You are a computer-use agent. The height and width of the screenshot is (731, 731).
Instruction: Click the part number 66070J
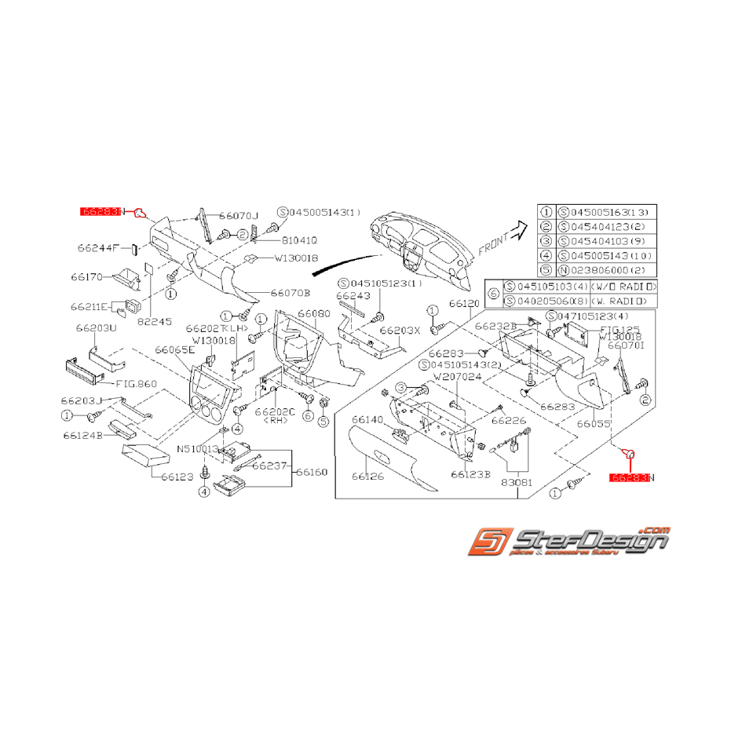coord(239,215)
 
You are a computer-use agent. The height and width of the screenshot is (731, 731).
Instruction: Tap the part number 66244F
coord(98,248)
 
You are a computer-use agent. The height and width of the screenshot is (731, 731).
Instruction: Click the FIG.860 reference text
coord(137,384)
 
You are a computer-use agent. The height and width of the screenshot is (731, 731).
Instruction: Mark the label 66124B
coord(82,435)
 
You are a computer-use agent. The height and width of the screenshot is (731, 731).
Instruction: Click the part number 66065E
coord(174,350)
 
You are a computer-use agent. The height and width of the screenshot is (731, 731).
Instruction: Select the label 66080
coord(313,313)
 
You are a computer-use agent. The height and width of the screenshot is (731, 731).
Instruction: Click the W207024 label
coord(454,377)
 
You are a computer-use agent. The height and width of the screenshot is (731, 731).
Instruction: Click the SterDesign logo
coord(568,543)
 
